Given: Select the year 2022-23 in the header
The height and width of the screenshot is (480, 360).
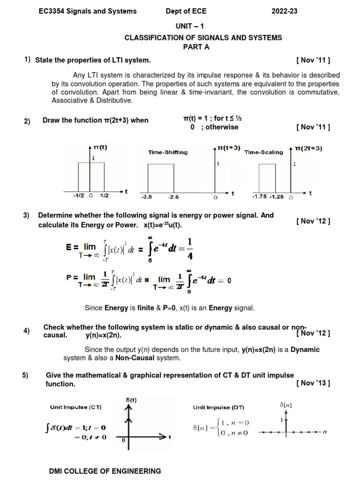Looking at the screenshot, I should tap(285, 11).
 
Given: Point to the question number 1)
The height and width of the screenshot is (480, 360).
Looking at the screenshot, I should tap(28, 60).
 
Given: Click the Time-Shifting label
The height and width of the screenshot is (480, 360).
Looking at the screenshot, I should tap(168, 152).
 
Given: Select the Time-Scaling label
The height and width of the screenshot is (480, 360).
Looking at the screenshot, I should tap(263, 152).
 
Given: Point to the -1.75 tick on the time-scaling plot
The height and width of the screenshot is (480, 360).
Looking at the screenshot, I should tap(260, 197).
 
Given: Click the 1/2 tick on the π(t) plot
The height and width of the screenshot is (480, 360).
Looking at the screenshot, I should tap(104, 196).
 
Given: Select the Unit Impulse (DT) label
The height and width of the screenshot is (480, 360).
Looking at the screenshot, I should tap(218, 407).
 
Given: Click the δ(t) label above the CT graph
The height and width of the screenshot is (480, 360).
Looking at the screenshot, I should tap(132, 399).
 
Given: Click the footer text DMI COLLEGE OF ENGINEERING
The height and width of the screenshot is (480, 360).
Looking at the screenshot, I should tap(105, 471).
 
